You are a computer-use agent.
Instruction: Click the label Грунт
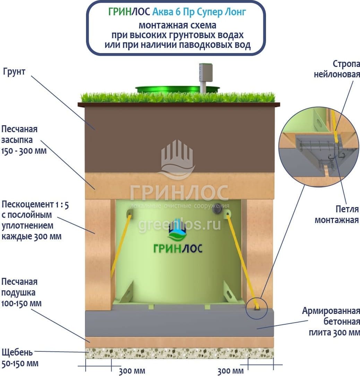14,71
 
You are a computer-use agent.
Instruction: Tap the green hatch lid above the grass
177,89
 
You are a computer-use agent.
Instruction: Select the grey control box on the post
206,72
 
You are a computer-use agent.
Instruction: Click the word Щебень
17,353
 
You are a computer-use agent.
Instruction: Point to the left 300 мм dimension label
132,371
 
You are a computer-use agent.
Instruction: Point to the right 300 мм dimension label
231,371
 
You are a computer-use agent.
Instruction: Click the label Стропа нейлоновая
337,69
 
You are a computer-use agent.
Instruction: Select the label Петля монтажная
337,214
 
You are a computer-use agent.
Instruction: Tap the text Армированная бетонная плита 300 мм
331,322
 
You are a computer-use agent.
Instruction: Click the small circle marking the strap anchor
256,308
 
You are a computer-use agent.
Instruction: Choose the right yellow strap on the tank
241,262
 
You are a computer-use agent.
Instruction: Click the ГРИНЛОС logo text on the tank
178,248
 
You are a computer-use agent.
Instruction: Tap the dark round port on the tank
217,208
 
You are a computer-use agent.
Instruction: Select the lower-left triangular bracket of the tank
126,292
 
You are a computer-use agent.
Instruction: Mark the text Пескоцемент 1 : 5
35,205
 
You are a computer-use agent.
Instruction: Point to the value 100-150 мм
22,304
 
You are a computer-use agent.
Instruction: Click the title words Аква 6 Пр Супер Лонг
199,12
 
